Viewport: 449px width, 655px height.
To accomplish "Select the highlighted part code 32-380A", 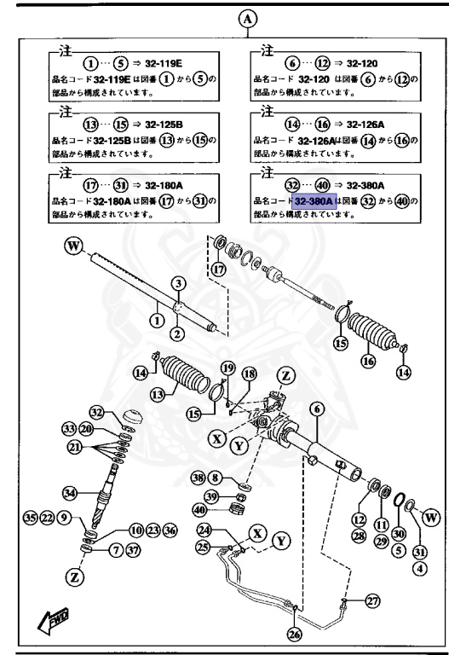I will click(312, 201).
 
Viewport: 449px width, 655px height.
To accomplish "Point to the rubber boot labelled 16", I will click(373, 333).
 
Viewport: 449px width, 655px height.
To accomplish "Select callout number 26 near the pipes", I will click(294, 634).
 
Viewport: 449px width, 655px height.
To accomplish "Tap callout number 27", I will click(371, 601).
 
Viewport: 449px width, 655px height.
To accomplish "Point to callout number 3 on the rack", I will click(177, 282).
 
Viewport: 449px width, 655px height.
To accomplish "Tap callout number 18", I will click(249, 374).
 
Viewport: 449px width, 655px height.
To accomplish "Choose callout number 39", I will click(210, 497).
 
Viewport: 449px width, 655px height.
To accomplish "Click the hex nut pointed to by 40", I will click(239, 509).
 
